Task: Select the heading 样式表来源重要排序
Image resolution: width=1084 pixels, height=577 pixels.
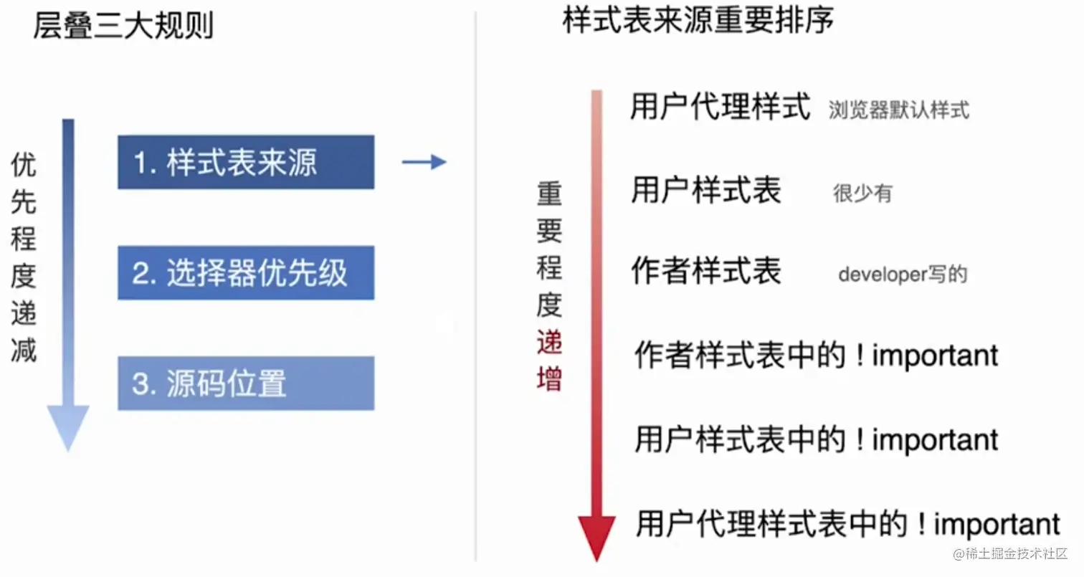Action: (x=698, y=22)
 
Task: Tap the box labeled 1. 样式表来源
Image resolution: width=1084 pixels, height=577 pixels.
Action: (x=246, y=163)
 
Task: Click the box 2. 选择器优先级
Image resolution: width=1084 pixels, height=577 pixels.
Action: (x=246, y=273)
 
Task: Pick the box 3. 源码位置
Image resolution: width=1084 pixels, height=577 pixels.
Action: (x=246, y=383)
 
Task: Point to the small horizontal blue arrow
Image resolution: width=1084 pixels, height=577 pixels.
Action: (x=424, y=163)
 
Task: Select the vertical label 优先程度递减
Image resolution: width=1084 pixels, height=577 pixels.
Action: (x=24, y=258)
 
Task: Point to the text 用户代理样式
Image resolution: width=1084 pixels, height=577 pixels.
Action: (x=720, y=108)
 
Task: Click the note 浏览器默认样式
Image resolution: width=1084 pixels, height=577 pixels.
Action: (x=899, y=110)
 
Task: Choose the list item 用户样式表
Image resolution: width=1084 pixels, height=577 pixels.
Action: (x=705, y=191)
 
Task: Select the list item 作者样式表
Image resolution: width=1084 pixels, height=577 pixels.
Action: (x=705, y=272)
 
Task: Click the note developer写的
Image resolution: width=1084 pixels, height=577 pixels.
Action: (x=903, y=275)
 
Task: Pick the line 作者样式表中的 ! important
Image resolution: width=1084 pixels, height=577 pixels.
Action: (x=816, y=356)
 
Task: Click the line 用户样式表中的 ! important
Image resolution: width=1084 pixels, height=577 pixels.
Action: (x=816, y=439)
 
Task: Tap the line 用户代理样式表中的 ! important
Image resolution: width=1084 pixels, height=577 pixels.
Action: (x=847, y=524)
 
